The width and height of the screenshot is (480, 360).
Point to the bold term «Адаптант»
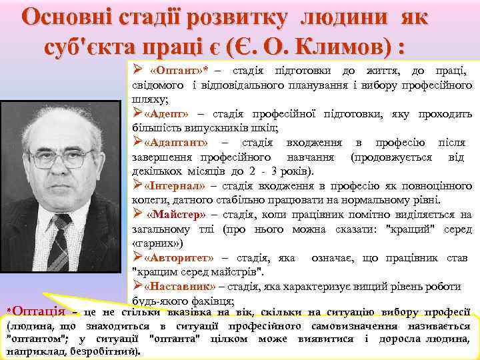point(175,143)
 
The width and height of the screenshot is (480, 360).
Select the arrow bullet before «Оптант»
point(137,71)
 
